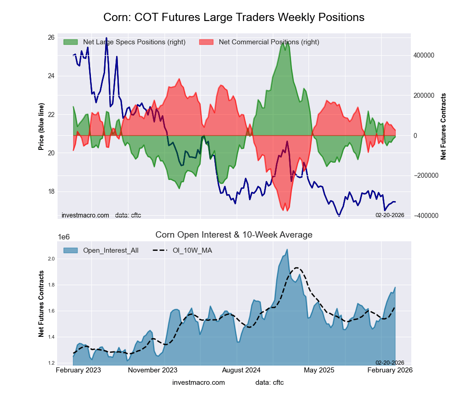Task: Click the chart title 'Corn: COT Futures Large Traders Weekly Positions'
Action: click(x=234, y=17)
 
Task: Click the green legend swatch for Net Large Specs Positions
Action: click(x=71, y=42)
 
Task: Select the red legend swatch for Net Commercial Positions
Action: click(x=207, y=42)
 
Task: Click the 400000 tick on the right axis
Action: click(x=424, y=55)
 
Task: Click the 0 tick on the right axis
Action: click(x=416, y=136)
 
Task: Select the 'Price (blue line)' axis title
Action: click(x=42, y=126)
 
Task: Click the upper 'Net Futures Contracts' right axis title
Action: click(x=443, y=126)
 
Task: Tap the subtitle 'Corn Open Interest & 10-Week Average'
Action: click(x=234, y=235)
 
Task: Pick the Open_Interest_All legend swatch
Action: click(x=71, y=250)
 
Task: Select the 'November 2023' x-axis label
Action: click(x=153, y=370)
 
